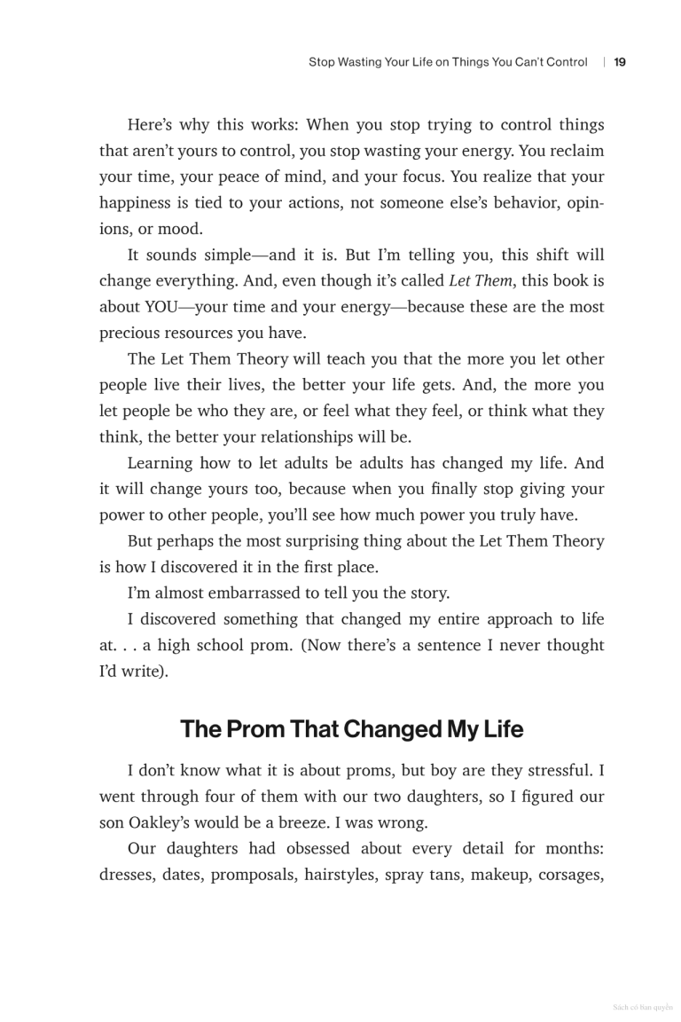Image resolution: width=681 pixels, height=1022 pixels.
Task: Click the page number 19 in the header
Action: point(620,62)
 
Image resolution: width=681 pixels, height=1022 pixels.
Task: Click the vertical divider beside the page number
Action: point(604,62)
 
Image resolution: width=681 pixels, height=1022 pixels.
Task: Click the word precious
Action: point(130,334)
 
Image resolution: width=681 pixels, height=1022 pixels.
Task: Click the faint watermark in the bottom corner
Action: point(643,1008)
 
